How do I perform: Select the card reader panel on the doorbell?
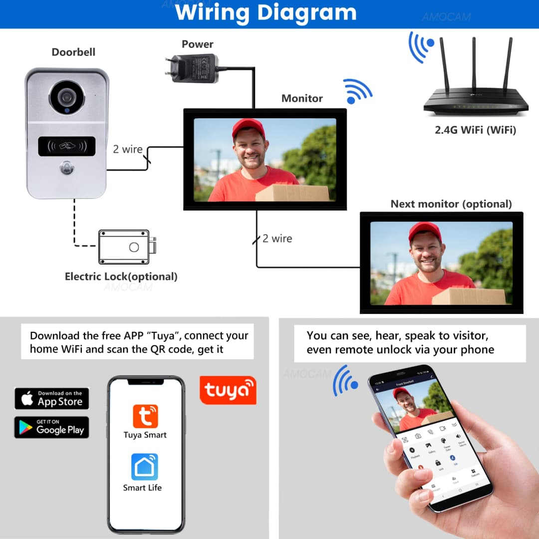[x=66, y=146]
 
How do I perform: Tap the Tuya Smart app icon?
[x=145, y=416]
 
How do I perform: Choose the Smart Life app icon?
[x=145, y=467]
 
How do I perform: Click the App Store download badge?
[x=51, y=399]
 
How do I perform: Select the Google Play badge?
[x=51, y=427]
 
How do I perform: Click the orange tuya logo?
[x=228, y=390]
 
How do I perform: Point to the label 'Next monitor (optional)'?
[x=451, y=204]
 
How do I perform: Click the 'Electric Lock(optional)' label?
[x=121, y=276]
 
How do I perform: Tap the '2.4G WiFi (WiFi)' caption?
[x=475, y=130]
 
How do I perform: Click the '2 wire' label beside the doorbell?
[x=128, y=149]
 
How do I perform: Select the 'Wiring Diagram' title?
[x=266, y=13]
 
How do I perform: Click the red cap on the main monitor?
[x=248, y=127]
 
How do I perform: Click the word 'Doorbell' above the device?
[x=73, y=52]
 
